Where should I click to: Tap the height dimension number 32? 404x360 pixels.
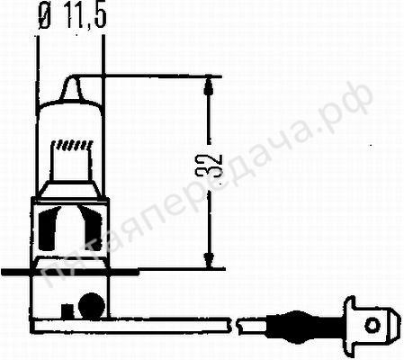213,165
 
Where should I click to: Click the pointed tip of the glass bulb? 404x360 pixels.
71,78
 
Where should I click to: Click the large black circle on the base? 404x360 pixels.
92,305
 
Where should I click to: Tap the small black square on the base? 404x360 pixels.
67,311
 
